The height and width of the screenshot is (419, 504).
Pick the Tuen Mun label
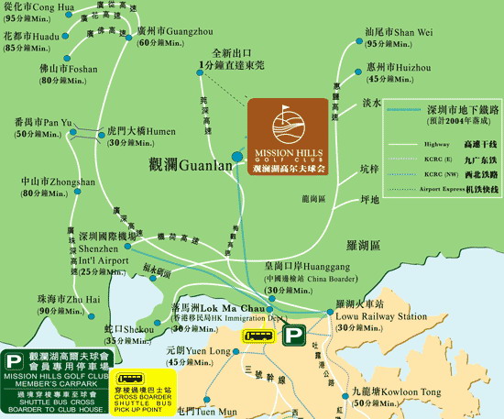coord(208,411)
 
